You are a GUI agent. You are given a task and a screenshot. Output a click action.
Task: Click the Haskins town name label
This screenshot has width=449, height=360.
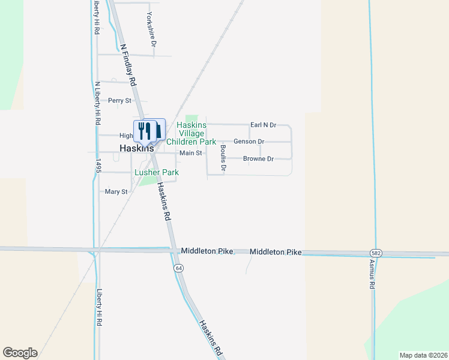(137, 148)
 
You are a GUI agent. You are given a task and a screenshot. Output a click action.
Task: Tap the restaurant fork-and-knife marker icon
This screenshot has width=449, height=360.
(145, 130)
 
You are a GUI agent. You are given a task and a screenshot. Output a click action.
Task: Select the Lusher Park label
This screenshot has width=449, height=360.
(157, 172)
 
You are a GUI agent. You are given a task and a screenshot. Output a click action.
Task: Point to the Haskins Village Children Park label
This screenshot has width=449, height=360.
(191, 134)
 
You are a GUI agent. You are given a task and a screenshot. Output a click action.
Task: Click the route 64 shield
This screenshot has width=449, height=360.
(179, 268)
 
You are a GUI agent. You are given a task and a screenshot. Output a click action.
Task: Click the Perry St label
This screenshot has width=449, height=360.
(119, 101)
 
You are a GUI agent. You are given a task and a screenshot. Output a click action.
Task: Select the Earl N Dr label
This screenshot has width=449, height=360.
(263, 125)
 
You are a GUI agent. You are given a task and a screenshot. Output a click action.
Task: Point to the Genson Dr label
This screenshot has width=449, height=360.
(249, 142)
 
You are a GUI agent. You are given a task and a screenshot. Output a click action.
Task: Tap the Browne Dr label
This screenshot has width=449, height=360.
(258, 159)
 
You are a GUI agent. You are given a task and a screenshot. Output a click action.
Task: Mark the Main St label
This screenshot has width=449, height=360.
(191, 154)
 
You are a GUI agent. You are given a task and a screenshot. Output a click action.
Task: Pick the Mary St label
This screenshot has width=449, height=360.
(116, 192)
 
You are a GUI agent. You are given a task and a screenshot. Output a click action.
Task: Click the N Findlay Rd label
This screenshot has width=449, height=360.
(128, 65)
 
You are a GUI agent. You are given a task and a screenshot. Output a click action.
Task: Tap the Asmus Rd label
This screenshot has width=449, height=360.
(372, 275)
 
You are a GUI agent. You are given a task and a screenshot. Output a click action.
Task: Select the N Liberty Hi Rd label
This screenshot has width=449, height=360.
(97, 103)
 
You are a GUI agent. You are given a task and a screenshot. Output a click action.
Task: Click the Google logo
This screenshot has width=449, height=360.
(20, 353)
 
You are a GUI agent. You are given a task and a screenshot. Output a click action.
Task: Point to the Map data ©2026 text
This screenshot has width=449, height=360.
(423, 355)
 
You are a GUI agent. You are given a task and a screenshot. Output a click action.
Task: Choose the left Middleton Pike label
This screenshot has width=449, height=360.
(206, 251)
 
